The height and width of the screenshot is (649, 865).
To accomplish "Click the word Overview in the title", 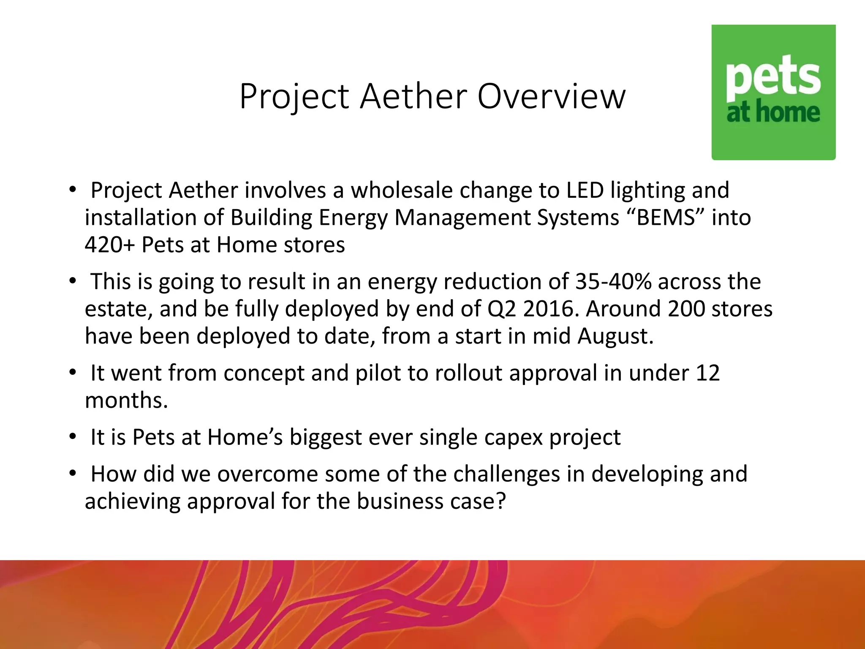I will click(551, 96).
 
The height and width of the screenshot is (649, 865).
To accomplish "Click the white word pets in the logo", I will click(773, 78).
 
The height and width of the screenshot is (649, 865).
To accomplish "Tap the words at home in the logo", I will click(773, 112).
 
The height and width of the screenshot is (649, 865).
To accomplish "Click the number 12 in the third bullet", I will click(707, 373).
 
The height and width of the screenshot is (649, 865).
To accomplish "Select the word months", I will click(126, 400).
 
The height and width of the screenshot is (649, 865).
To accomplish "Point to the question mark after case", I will click(501, 502).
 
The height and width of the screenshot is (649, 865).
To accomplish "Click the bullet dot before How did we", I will click(73, 473).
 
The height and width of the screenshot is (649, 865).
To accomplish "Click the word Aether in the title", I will click(413, 96).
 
